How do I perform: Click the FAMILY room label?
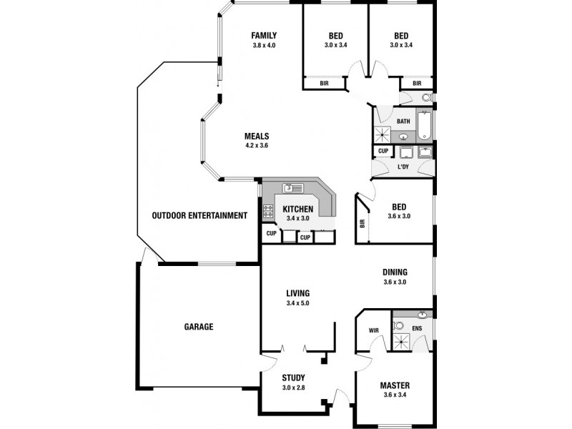pyautogui.click(x=264, y=36)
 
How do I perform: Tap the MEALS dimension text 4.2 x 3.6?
pyautogui.click(x=256, y=146)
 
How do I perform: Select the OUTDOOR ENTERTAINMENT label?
pyautogui.click(x=199, y=215)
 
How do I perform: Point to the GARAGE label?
pyautogui.click(x=199, y=327)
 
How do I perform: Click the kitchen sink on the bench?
pyautogui.click(x=292, y=189)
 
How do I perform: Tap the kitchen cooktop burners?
pyautogui.click(x=270, y=211)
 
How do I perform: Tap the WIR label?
pyautogui.click(x=373, y=330)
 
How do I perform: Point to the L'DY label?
pyautogui.click(x=404, y=167)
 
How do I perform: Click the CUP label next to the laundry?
pyautogui.click(x=383, y=152)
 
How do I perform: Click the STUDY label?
pyautogui.click(x=293, y=378)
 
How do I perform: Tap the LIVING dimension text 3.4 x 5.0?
pyautogui.click(x=297, y=303)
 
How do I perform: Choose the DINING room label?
pyautogui.click(x=395, y=272)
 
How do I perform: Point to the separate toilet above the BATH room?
pyautogui.click(x=426, y=98)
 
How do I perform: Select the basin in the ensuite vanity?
pyautogui.click(x=422, y=315)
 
